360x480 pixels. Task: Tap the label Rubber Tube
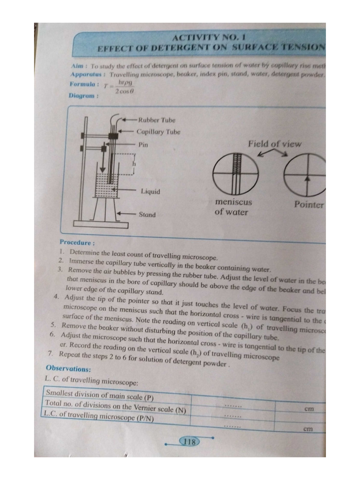[157, 120]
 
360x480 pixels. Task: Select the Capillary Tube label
[158, 132]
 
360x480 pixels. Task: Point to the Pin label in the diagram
[143, 145]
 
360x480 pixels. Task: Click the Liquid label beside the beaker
[150, 191]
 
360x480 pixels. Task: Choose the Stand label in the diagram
[147, 215]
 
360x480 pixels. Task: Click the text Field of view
[275, 144]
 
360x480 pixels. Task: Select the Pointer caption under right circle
[308, 205]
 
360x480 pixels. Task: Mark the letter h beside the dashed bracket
[134, 164]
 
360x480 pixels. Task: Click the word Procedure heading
[77, 242]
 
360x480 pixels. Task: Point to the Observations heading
[68, 368]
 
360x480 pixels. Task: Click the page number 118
[189, 442]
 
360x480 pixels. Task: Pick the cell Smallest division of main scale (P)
[100, 395]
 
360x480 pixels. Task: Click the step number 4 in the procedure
[56, 297]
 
